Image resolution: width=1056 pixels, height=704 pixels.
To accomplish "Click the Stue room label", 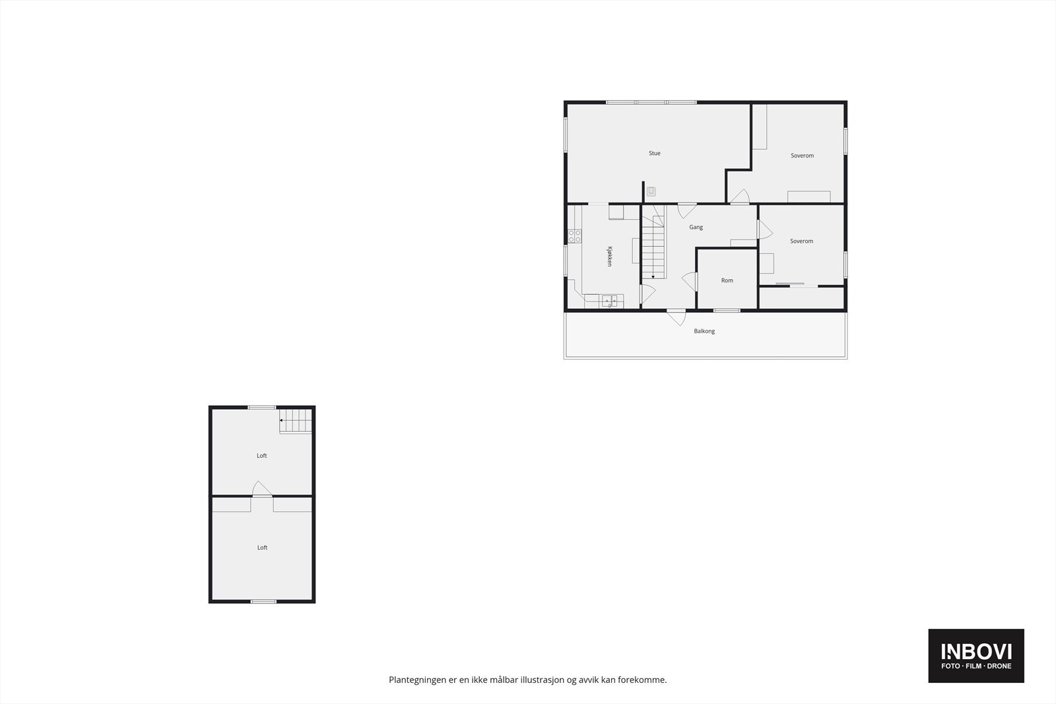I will (x=654, y=154).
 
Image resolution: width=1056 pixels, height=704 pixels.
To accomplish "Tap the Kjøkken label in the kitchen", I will (x=610, y=257).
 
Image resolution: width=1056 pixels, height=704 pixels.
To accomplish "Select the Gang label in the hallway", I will (x=696, y=228).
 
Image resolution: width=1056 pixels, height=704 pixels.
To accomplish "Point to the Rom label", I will (x=727, y=281).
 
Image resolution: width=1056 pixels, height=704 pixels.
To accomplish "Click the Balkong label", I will (x=704, y=331).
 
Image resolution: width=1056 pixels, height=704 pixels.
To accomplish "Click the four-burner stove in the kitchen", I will (x=575, y=236).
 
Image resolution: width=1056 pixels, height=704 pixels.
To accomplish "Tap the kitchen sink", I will (x=610, y=302).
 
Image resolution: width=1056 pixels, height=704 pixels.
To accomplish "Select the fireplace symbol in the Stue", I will (x=651, y=191).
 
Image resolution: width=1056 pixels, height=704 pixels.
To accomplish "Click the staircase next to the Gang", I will (x=653, y=244).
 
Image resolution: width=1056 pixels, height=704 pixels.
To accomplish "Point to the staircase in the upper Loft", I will (x=295, y=421).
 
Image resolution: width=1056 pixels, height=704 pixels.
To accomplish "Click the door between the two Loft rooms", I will (x=261, y=489).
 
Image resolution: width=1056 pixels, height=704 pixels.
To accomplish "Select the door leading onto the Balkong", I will (x=675, y=317).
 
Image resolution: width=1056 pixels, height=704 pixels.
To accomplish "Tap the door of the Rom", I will (x=690, y=281).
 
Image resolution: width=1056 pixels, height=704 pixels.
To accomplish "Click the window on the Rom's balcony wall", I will (x=727, y=310).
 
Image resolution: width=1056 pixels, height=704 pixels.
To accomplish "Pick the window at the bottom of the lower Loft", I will (x=263, y=601).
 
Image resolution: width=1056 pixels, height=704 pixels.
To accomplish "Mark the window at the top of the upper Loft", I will (x=262, y=407).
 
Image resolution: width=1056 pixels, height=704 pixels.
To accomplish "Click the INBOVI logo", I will (x=976, y=651).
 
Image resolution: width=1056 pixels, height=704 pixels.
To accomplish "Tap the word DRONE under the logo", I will (x=999, y=666).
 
